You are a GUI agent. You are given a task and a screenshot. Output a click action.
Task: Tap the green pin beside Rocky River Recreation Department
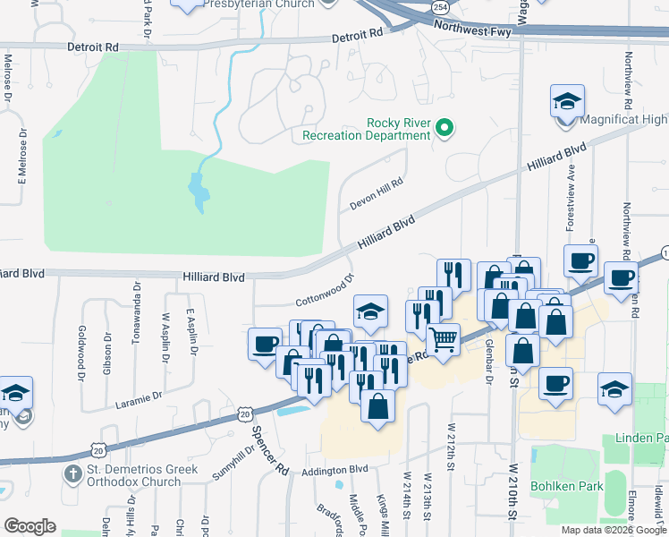pos(445,129)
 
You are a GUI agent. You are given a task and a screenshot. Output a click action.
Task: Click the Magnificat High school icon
pos(567,101)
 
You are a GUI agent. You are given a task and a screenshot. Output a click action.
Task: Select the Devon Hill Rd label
pos(377,192)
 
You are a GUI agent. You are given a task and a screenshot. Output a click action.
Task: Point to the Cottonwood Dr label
pos(326,291)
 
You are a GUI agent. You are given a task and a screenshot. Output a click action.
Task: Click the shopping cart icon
pos(443,339)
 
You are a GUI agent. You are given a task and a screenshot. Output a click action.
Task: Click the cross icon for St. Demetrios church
pos(72,472)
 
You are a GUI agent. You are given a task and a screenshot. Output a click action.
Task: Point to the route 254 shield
pos(440,6)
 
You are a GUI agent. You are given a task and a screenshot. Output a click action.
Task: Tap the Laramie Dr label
pos(139,399)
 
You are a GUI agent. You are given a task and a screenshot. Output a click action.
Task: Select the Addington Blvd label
pos(335,470)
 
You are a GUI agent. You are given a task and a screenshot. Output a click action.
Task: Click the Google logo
pos(30,526)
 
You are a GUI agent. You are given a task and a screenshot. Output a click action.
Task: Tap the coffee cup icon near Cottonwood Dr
pos(266,344)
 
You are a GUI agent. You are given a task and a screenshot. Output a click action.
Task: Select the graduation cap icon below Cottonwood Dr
pos(370,311)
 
